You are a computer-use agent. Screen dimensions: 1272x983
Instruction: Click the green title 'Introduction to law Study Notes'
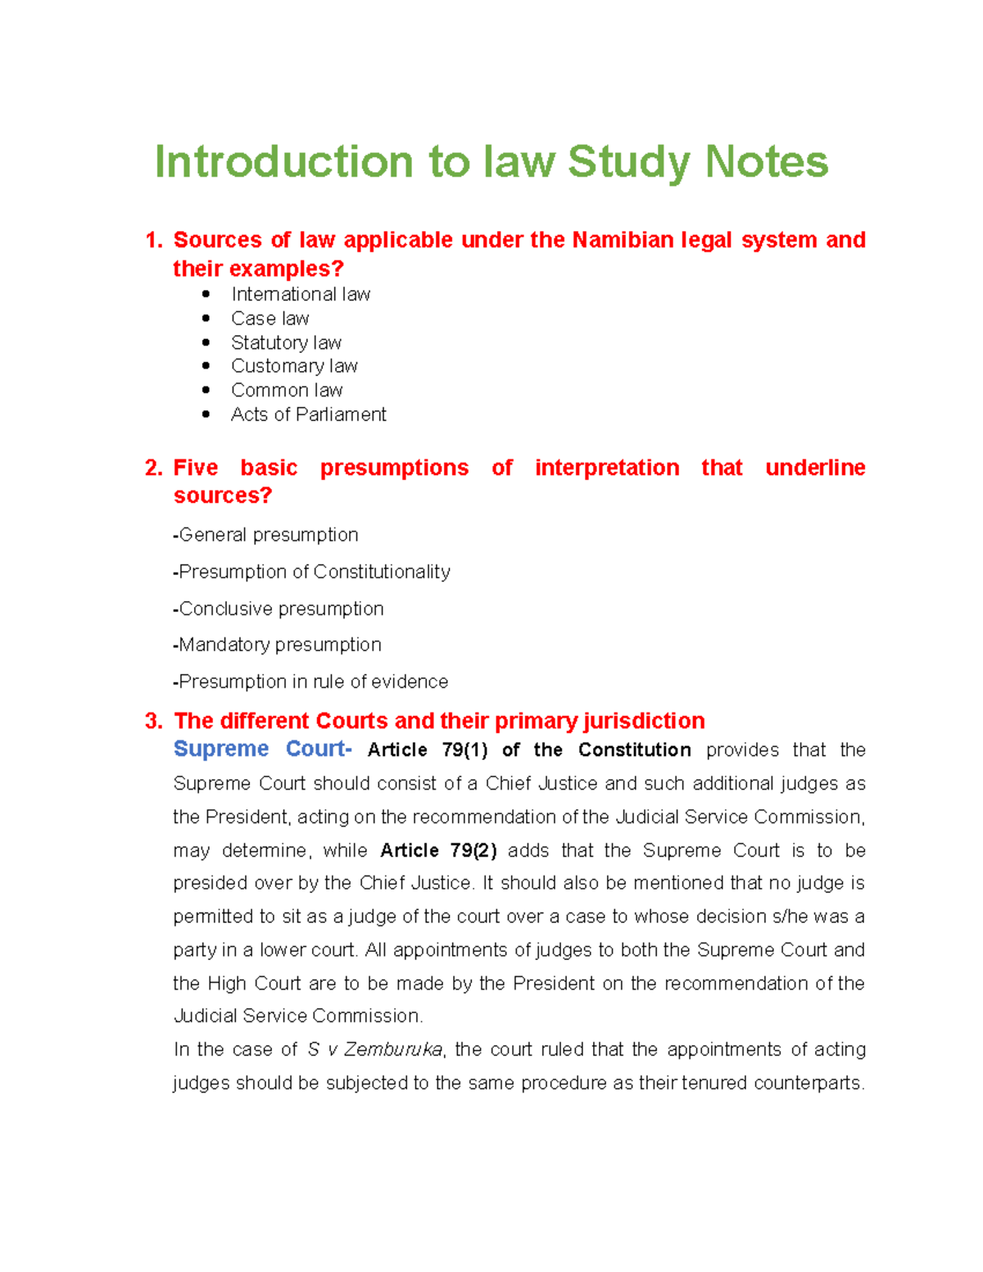click(491, 161)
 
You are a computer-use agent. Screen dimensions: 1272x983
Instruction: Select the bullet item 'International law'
click(300, 294)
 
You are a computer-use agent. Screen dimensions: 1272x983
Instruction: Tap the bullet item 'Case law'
click(270, 319)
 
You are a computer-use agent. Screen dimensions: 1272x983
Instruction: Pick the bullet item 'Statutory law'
click(286, 342)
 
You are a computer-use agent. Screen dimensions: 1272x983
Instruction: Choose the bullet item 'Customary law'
click(294, 366)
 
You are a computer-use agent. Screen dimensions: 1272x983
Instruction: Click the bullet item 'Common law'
click(287, 390)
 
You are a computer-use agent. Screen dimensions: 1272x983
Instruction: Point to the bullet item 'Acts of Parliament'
click(308, 414)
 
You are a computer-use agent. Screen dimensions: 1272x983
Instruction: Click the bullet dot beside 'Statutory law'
click(206, 342)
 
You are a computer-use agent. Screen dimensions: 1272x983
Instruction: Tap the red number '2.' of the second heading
click(153, 468)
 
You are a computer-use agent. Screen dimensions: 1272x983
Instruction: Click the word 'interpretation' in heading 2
click(606, 468)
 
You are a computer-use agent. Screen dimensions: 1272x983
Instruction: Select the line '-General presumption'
click(265, 535)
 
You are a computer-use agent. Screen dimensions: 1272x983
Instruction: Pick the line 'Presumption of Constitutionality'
click(311, 572)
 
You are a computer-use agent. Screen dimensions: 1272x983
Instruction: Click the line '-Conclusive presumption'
click(279, 609)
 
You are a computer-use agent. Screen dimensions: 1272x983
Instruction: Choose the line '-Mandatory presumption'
click(277, 645)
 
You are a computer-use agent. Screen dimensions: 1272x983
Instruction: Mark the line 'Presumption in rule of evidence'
click(310, 681)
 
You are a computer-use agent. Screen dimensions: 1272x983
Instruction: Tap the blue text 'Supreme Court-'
click(262, 749)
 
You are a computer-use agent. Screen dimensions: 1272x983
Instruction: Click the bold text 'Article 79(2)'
click(438, 850)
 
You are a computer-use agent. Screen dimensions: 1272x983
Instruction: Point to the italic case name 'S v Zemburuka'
click(374, 1049)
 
